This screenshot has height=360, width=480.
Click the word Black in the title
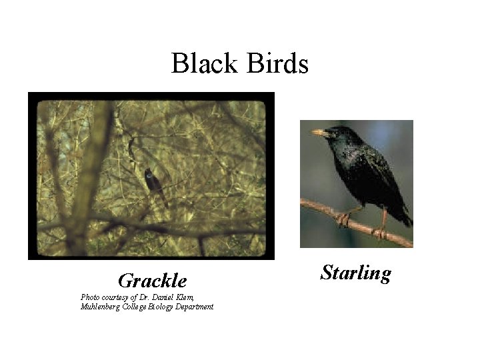(x=201, y=64)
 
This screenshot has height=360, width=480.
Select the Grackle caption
(x=152, y=281)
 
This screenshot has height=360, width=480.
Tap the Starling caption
(x=355, y=273)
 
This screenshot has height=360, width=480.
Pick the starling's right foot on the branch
(x=381, y=231)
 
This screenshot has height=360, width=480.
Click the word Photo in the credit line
(x=89, y=297)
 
